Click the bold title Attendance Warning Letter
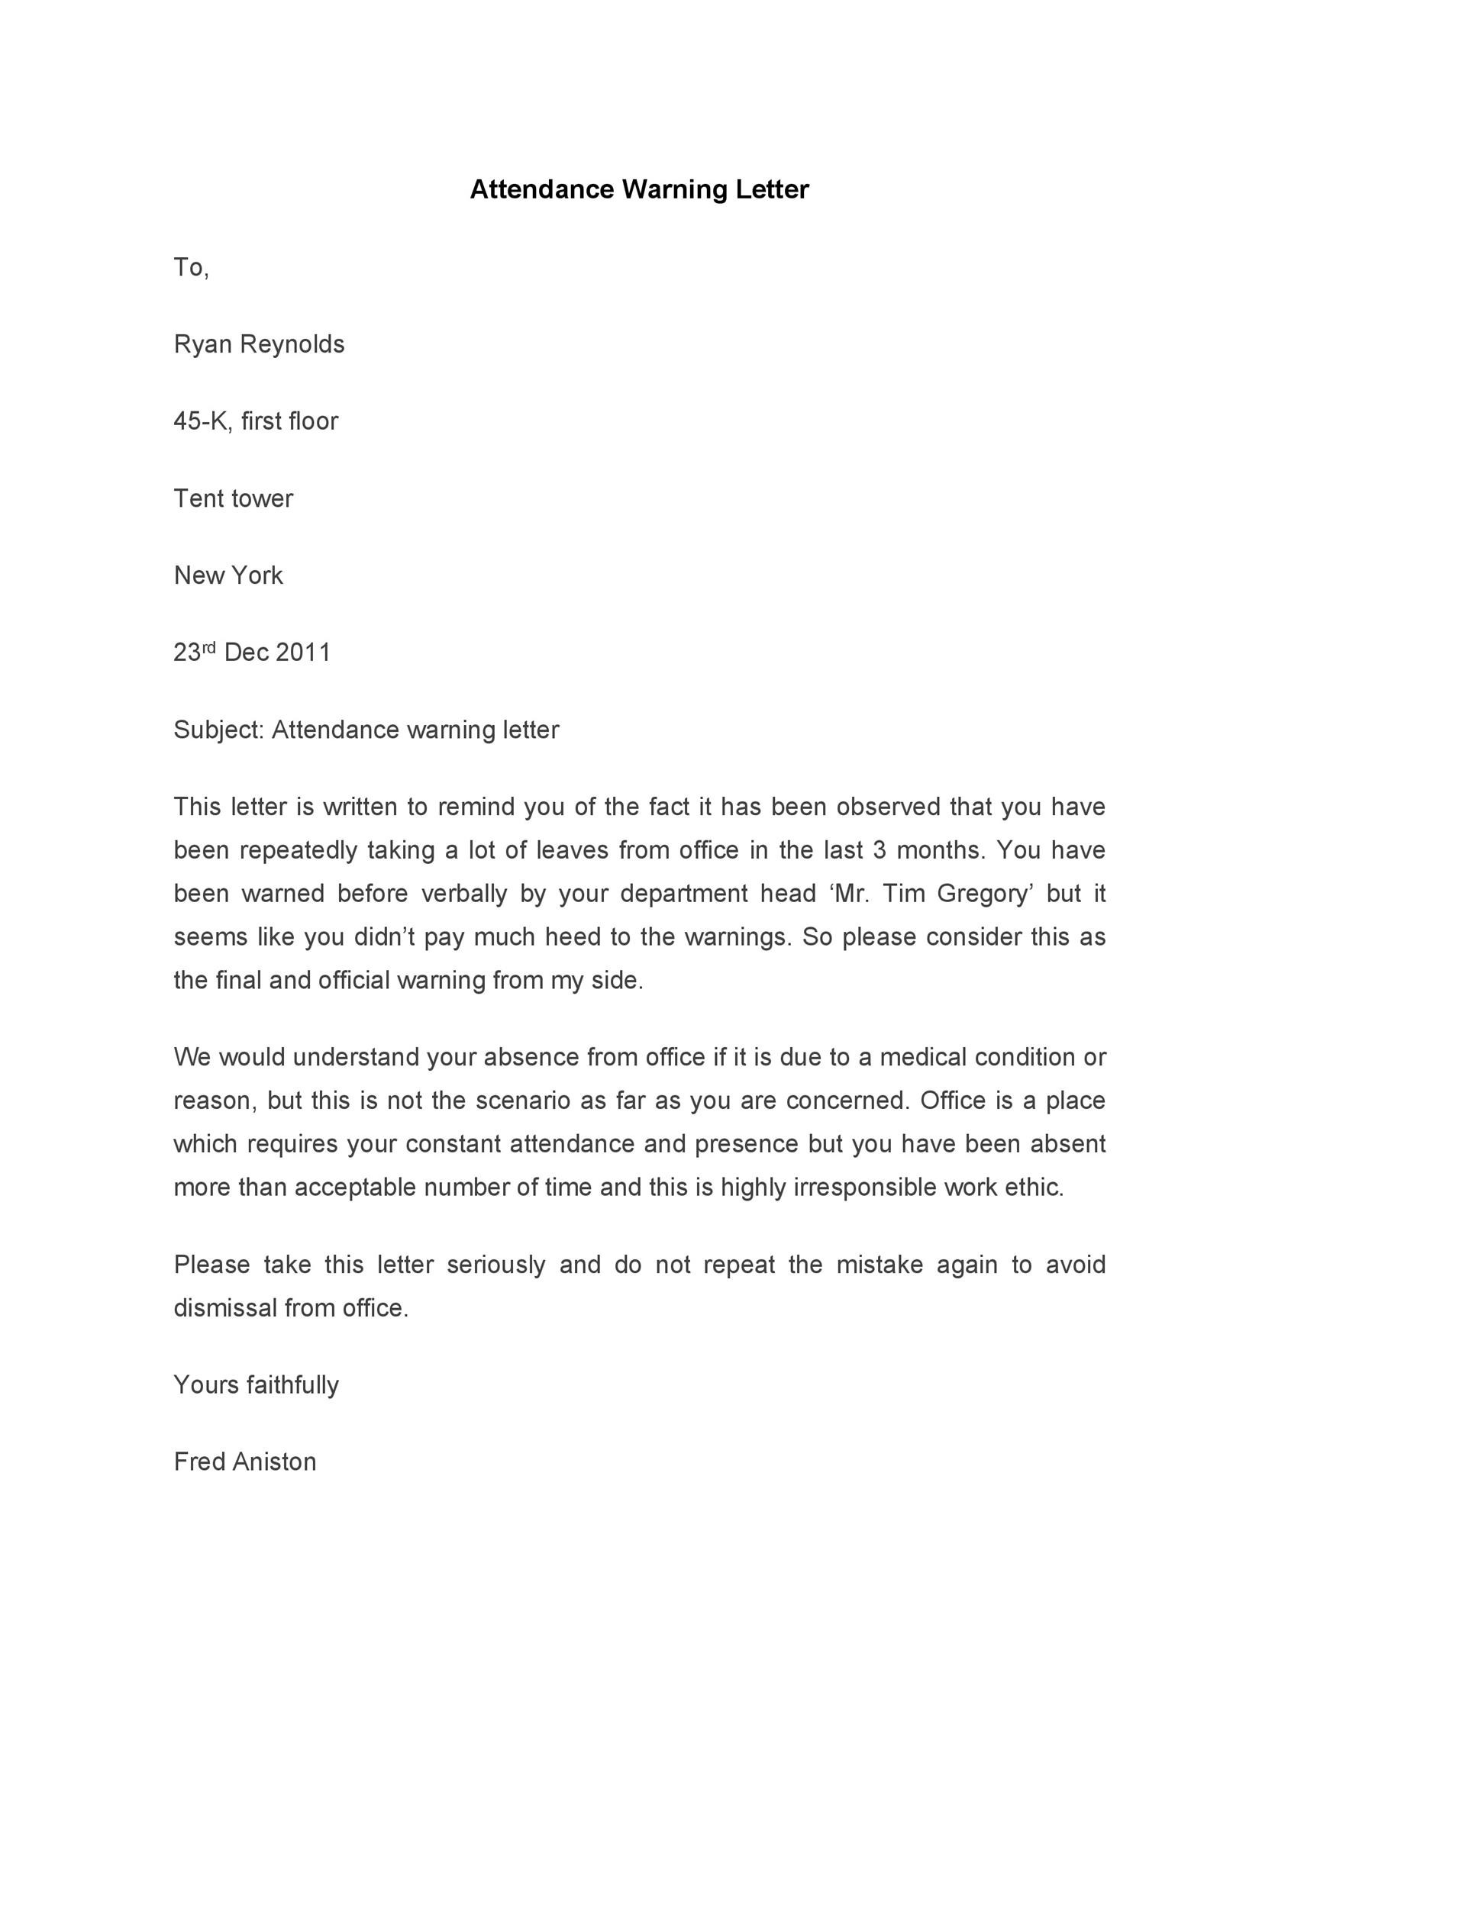coord(639,189)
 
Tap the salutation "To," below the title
coord(192,267)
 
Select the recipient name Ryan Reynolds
coord(259,344)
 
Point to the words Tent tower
coord(234,499)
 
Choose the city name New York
coord(228,575)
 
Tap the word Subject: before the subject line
coord(218,730)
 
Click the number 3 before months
coord(879,850)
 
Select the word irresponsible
coord(864,1188)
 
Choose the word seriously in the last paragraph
coord(495,1265)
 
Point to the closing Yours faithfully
coord(256,1385)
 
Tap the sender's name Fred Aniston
coord(244,1462)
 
